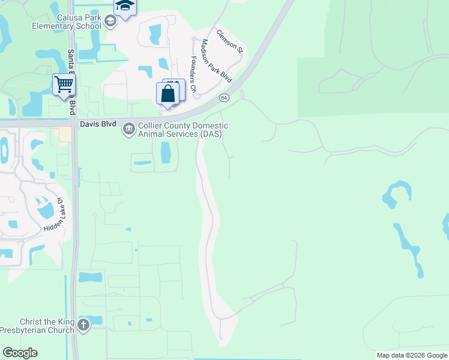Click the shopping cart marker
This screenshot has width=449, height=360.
coord(63,84)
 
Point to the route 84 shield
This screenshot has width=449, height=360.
coord(224,97)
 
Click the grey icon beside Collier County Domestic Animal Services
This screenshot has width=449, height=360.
coord(129,129)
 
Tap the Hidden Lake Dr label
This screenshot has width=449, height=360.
coord(53,215)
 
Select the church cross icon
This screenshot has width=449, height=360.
coord(83,326)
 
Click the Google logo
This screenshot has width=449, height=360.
coord(20,353)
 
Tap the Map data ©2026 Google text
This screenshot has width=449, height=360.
coord(412,355)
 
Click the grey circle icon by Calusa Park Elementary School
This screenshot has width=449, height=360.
coord(110,22)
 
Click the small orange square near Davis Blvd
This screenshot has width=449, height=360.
coord(64,135)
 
